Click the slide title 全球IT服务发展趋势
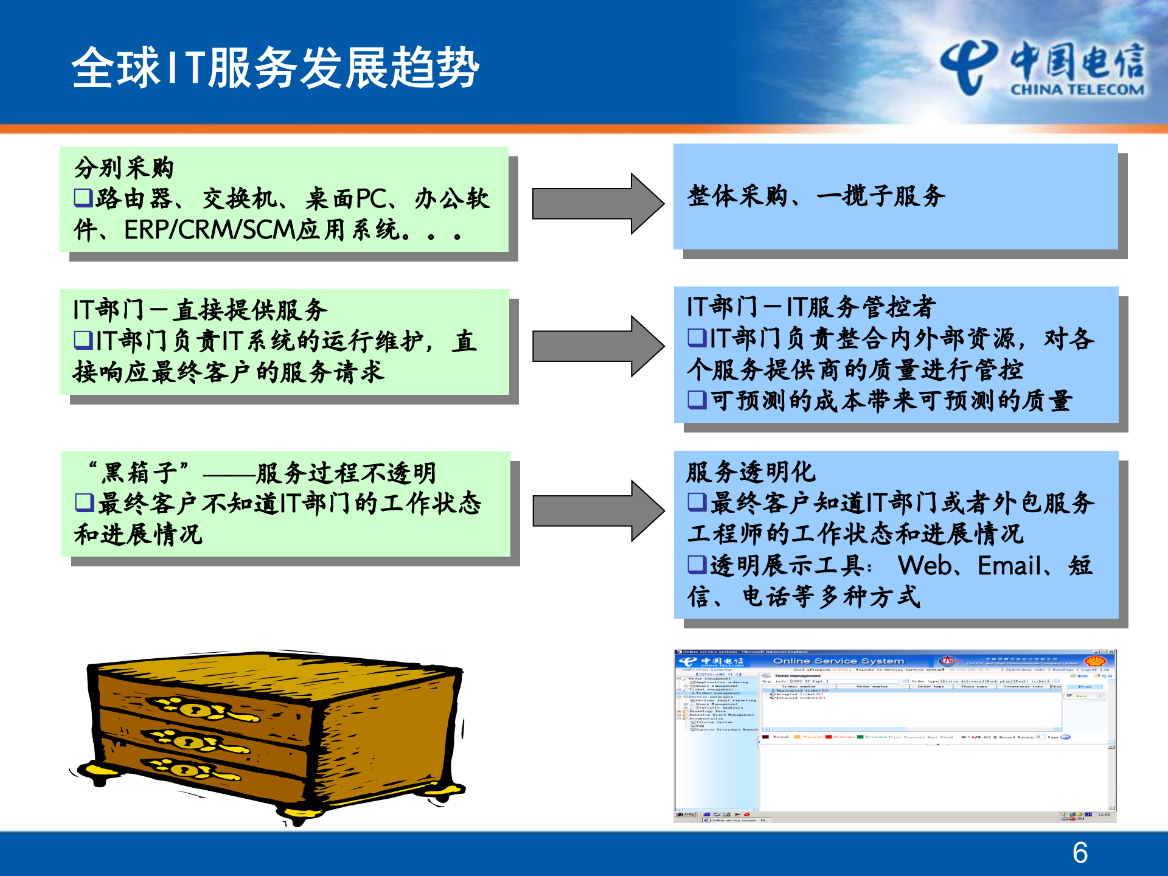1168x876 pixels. click(x=275, y=68)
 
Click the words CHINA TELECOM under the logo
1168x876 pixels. click(x=1077, y=90)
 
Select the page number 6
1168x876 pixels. click(x=1080, y=852)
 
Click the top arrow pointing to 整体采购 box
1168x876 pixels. click(x=597, y=204)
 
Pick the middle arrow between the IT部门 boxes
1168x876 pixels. click(x=597, y=346)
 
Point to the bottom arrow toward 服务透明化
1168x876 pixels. click(x=597, y=510)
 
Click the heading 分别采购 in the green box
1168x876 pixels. click(x=124, y=168)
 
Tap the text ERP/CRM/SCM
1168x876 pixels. click(x=209, y=230)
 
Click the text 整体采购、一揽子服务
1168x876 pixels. click(x=816, y=196)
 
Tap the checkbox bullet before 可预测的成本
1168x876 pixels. click(x=697, y=400)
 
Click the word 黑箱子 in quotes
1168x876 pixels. click(x=139, y=472)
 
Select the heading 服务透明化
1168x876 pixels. click(x=751, y=471)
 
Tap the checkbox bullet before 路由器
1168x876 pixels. click(x=83, y=197)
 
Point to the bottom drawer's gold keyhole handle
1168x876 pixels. click(x=184, y=770)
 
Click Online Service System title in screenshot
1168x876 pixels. click(x=838, y=661)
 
